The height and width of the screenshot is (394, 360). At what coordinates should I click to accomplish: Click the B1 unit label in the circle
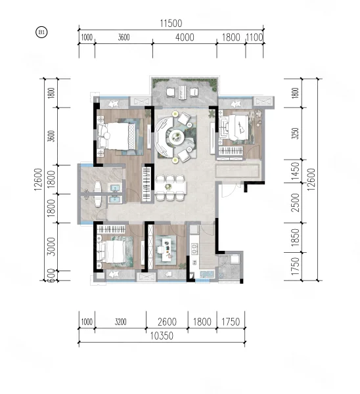[x=42, y=32]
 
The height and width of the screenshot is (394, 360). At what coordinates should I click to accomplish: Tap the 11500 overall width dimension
[x=171, y=24]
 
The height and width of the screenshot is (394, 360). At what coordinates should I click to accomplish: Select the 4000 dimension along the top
[x=185, y=37]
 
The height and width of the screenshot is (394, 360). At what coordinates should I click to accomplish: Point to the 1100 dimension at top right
[x=254, y=37]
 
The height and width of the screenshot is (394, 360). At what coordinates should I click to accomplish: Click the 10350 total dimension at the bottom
[x=162, y=336]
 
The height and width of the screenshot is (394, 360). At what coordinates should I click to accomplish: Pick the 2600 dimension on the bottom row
[x=167, y=322]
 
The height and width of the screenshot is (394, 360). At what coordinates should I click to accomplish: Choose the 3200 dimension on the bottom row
[x=121, y=322]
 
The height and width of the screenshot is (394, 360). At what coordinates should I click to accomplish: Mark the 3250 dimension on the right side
[x=296, y=133]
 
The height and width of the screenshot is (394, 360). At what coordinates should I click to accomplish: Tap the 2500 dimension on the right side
[x=296, y=202]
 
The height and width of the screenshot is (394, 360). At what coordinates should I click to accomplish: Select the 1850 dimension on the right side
[x=296, y=238]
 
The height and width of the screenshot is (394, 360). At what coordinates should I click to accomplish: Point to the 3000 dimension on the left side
[x=51, y=246]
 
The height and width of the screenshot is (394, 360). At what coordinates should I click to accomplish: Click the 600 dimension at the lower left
[x=51, y=276]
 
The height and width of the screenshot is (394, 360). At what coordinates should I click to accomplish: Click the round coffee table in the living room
[x=176, y=137]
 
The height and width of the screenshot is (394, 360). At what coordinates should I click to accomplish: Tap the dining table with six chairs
[x=171, y=187]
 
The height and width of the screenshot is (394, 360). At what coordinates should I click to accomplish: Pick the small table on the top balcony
[x=181, y=93]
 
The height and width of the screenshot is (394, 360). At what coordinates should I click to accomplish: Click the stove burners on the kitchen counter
[x=194, y=249]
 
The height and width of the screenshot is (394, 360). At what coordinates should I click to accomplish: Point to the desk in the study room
[x=166, y=250]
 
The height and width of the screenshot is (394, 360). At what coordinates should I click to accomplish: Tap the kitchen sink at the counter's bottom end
[x=207, y=274]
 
